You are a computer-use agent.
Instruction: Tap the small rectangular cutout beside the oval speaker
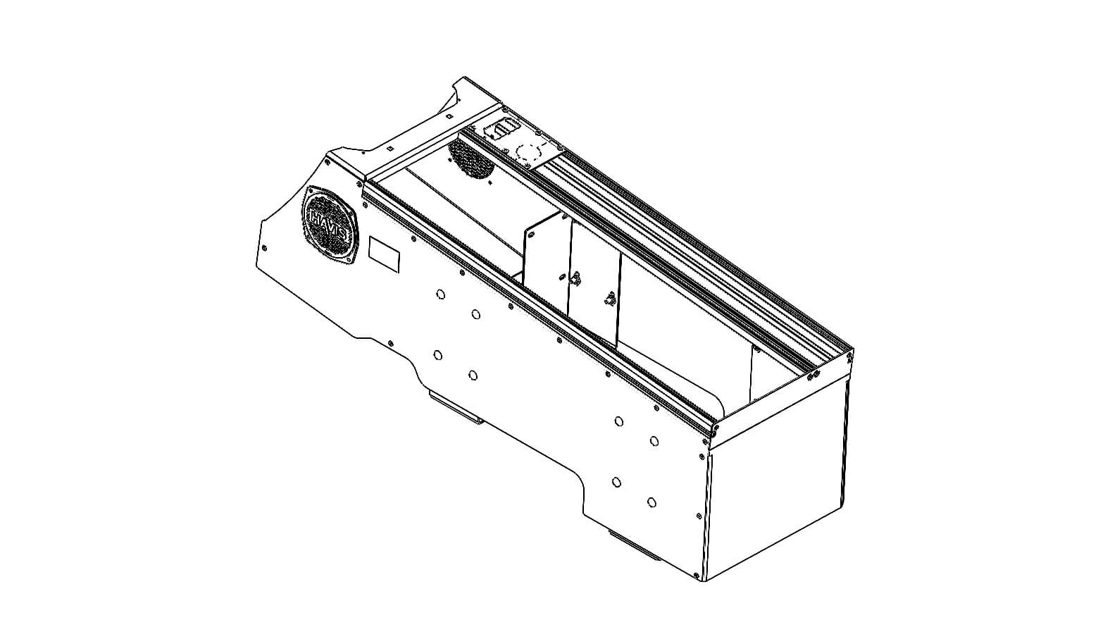(384, 254)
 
